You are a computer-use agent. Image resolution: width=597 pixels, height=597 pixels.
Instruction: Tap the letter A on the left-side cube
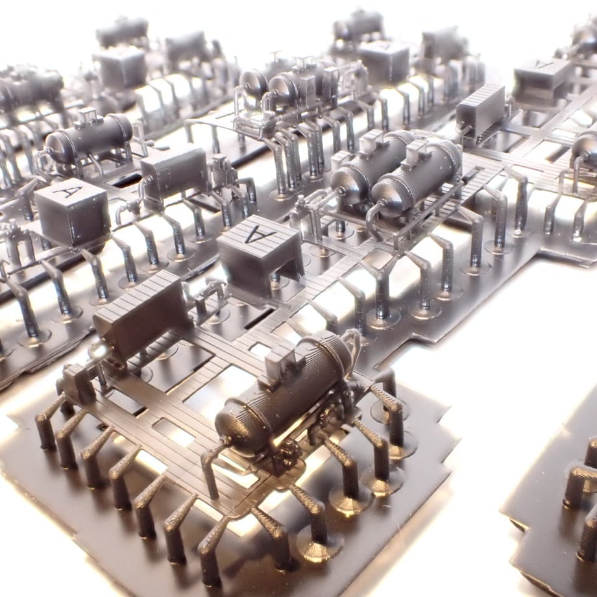pos(68,191)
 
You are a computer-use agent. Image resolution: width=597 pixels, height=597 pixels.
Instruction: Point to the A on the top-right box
pos(543,65)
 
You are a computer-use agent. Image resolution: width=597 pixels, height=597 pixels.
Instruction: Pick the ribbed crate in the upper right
pos(480,110)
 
